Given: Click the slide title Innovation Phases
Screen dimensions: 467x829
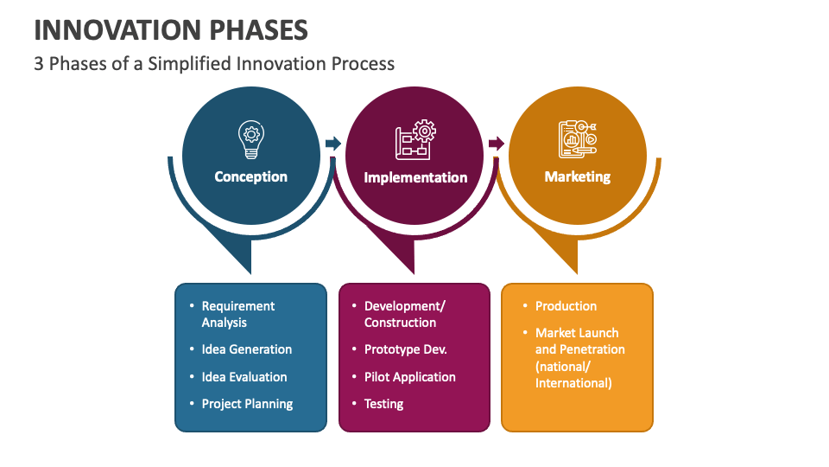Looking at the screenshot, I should coord(171,30).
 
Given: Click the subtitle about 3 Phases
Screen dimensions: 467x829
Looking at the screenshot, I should coord(214,63).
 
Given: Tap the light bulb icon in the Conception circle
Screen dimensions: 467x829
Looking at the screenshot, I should coord(250,139).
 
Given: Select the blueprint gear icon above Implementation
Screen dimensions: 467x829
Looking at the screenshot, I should coord(414,139).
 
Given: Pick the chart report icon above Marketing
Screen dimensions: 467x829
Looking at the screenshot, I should coord(577,139).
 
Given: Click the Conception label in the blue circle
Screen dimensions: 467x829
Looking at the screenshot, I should coord(250,176).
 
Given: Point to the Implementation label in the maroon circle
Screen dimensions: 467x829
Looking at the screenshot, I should coord(415,177).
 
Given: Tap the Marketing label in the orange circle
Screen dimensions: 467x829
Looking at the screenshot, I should coord(577,176).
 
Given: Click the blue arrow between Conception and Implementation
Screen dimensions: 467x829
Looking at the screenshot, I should coord(332,144).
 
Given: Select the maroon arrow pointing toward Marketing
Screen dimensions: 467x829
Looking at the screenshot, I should coord(496,144).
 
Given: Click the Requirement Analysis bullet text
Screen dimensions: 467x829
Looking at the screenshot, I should coord(237,314).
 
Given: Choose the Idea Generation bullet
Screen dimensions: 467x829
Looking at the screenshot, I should coord(246,349).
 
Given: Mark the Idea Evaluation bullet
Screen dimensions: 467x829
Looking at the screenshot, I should coord(244,377).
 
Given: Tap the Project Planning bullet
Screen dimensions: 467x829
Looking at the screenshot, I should coord(247,404).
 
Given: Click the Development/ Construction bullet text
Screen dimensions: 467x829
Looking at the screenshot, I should coord(404,314).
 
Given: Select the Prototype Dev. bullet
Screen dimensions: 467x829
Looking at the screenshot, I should coord(405,349).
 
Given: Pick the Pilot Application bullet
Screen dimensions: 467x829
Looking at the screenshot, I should coord(409,377).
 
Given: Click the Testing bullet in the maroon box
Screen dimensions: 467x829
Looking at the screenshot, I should coord(383,404).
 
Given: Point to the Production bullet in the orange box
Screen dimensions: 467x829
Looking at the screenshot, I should coord(566,306).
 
